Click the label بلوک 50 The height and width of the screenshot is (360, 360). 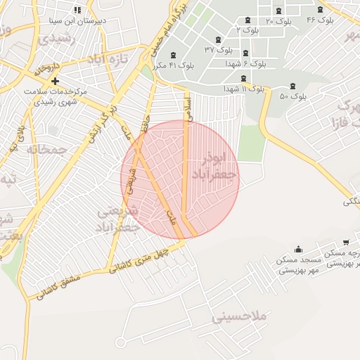(x=294, y=95)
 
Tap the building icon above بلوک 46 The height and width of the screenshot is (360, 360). (x=321, y=10)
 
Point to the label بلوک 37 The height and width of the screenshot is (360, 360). (x=219, y=49)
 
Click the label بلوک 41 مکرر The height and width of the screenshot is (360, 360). (x=172, y=65)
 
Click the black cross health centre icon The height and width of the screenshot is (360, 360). (x=55, y=81)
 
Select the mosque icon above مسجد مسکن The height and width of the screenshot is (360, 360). (x=299, y=249)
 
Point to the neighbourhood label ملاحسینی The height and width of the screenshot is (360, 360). (x=240, y=316)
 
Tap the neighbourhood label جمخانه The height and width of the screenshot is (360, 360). (x=47, y=149)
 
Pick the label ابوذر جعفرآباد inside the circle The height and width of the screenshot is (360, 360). (x=215, y=164)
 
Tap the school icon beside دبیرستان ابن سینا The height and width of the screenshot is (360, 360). (x=77, y=10)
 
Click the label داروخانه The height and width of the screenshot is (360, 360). (x=46, y=68)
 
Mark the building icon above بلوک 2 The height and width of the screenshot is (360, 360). (x=247, y=20)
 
